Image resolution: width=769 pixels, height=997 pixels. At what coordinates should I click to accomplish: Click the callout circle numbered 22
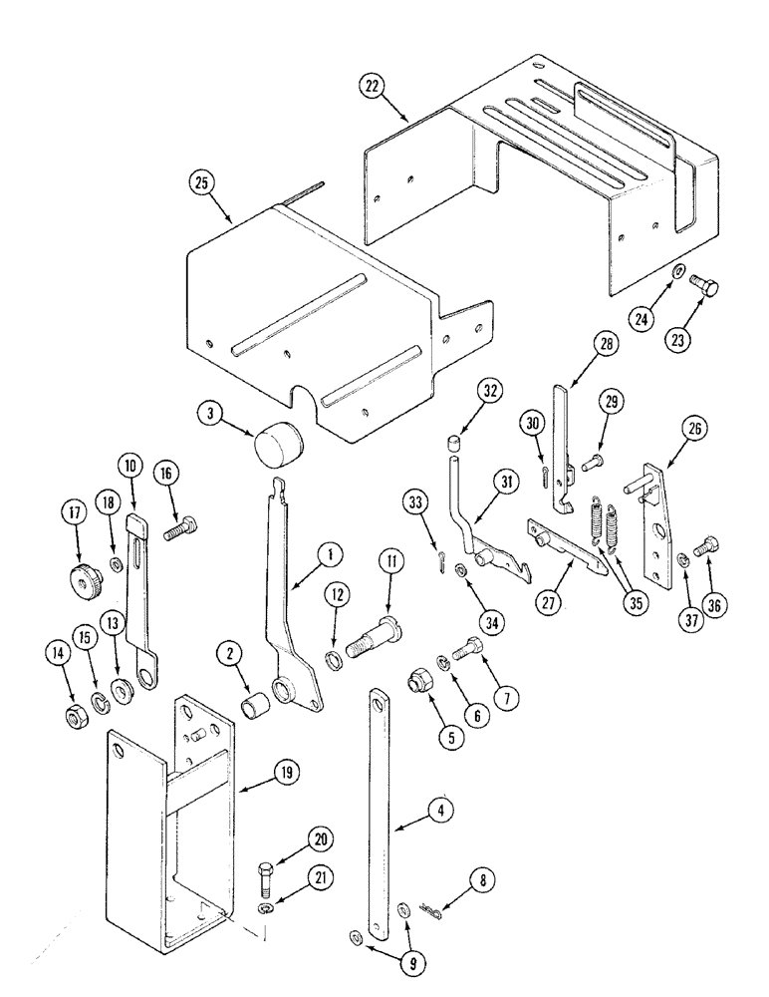[373, 87]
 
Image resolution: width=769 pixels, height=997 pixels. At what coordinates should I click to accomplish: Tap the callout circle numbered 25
[203, 182]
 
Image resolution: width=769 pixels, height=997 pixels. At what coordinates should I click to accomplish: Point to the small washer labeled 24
[677, 271]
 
